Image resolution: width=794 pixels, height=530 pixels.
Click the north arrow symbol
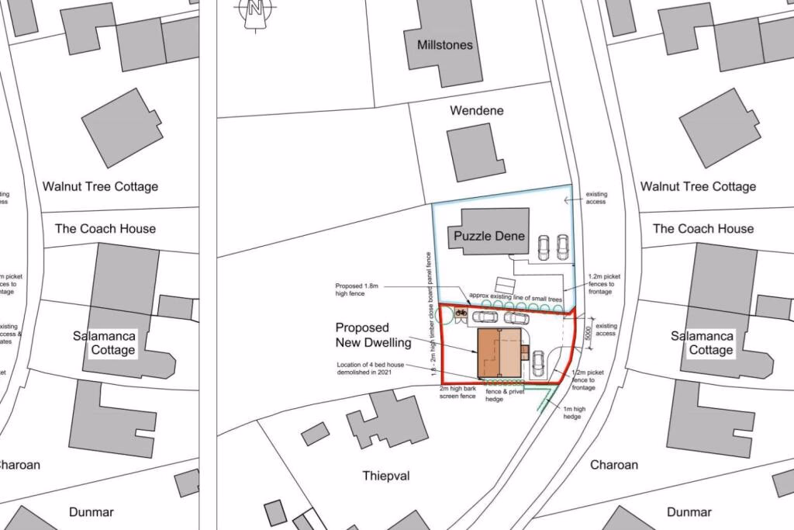(254, 12)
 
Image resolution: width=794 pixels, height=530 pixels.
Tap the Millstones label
(444, 45)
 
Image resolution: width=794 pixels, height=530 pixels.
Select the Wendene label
(477, 110)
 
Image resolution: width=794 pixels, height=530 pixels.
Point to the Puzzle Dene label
(489, 236)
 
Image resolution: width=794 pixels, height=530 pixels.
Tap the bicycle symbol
(461, 313)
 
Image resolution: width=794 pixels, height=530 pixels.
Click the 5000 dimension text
(588, 332)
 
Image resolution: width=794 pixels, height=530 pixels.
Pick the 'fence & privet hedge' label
(506, 394)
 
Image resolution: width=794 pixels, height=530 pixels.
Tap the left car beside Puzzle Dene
(545, 248)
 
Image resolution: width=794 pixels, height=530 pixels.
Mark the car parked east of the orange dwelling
(538, 361)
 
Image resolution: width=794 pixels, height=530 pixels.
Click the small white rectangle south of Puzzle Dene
(506, 284)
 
